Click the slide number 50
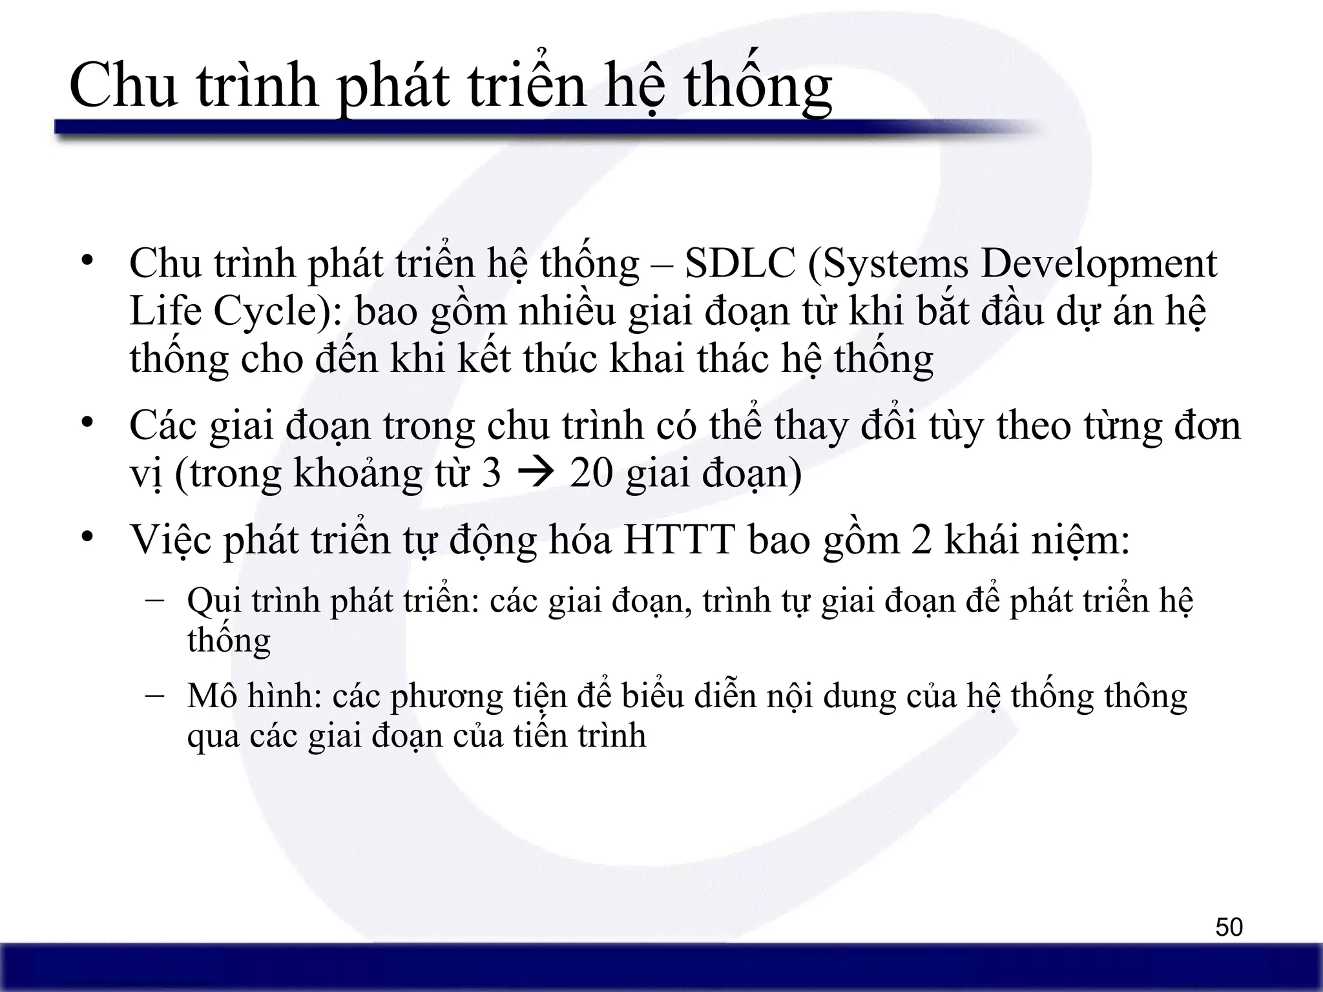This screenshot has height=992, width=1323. (x=1229, y=927)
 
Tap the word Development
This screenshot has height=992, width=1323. (x=1098, y=264)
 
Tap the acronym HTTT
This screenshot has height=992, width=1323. (x=680, y=539)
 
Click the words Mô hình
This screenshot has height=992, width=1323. (x=255, y=696)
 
